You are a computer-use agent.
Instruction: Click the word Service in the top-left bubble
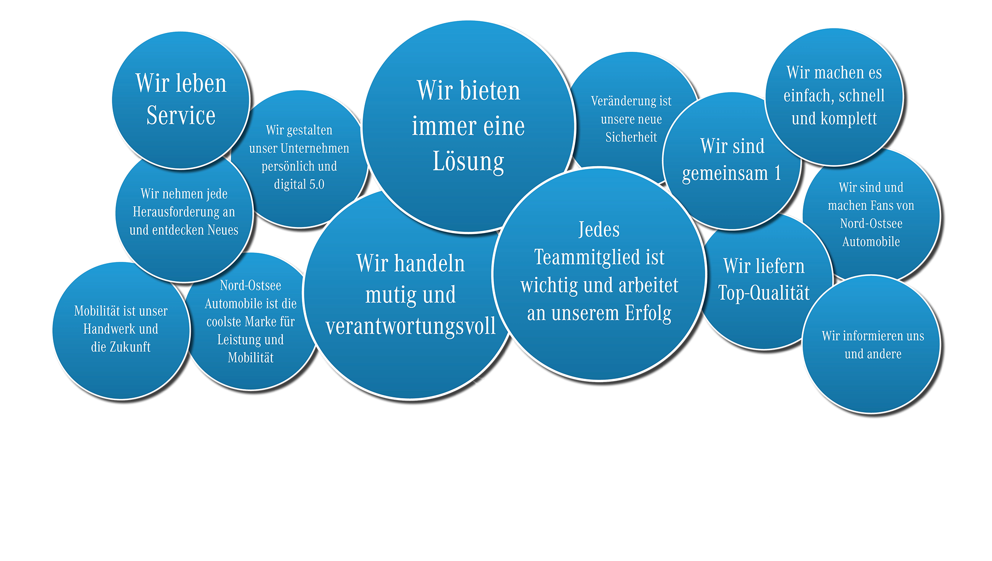coord(181,115)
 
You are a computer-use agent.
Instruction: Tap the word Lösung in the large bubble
coord(468,162)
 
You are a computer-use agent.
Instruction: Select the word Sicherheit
coord(631,137)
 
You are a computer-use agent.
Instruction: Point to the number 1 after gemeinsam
coord(777,173)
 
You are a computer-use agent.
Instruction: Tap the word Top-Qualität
coord(764,293)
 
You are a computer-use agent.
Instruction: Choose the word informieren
coord(873,336)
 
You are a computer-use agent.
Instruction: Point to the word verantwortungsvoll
coord(410,327)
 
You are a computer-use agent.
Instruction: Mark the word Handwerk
coord(109,329)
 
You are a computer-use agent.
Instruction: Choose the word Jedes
coord(599,230)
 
